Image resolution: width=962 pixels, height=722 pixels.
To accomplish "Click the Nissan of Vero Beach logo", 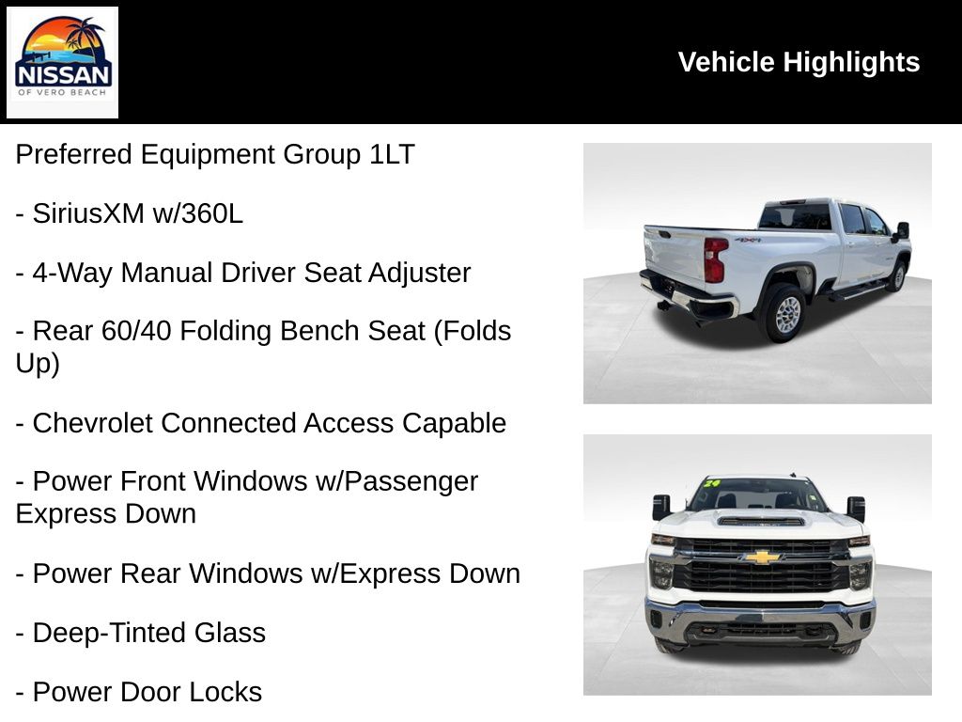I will pos(63,62).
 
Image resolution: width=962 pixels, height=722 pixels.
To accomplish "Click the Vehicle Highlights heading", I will pos(799,62).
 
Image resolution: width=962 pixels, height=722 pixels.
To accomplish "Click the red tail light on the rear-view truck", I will pos(716,259).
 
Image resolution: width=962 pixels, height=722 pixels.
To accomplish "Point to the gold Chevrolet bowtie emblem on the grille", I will pos(762,557).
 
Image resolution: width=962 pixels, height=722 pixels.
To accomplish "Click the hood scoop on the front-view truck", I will pos(761,520).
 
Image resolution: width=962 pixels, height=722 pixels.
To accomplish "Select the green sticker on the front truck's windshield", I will pos(711,484).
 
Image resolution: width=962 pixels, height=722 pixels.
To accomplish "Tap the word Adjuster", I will pos(420,274).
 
